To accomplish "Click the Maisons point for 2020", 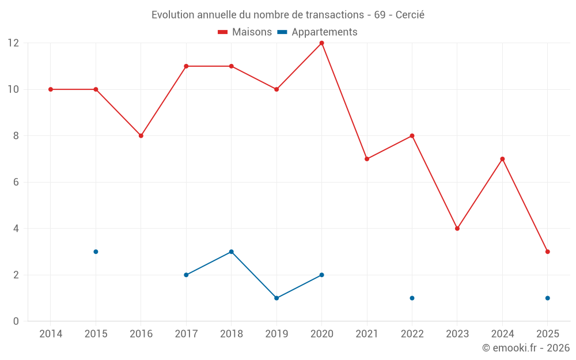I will [x=321, y=43].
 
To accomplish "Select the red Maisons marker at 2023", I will [x=457, y=229].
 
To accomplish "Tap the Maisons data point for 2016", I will [x=141, y=136].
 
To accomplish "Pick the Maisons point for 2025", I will [x=548, y=252].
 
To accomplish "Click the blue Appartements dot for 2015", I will [x=96, y=252].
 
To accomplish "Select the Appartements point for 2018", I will [x=231, y=252].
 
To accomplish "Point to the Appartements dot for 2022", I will [x=412, y=298].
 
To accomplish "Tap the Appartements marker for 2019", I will [x=276, y=298].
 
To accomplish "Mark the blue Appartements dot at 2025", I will [x=548, y=298].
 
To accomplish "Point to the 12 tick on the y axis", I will [x=13, y=43].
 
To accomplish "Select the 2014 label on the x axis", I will [x=51, y=334].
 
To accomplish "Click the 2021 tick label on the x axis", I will [x=367, y=334].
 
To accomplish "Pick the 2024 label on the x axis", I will [x=502, y=334].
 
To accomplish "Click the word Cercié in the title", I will [x=410, y=15].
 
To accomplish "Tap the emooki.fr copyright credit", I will [x=526, y=348].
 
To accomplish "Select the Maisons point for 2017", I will [x=186, y=66].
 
